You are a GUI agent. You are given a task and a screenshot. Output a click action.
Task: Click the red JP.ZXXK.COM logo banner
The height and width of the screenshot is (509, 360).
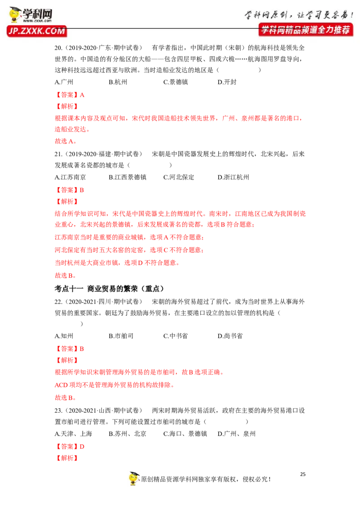click(x=37, y=31)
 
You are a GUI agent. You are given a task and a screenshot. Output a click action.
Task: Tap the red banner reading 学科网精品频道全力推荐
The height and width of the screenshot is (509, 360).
click(x=306, y=30)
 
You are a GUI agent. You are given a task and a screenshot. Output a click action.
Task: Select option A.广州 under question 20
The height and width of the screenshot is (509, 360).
click(x=64, y=82)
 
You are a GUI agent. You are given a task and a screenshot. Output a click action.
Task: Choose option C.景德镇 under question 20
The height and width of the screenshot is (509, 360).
click(x=175, y=82)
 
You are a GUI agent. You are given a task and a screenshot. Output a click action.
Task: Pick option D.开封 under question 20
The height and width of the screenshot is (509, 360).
click(x=227, y=82)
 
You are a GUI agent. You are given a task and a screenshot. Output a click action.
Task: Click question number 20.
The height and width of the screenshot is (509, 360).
click(x=58, y=48)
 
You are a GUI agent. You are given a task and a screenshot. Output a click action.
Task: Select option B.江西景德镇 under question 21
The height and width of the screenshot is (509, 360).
click(x=127, y=177)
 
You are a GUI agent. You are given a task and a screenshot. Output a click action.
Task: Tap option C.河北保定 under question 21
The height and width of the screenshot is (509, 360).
click(x=179, y=177)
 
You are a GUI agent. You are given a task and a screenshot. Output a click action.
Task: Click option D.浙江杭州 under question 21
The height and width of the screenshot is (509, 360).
click(x=233, y=177)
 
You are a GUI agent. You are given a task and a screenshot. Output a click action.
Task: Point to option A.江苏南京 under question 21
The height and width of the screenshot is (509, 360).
click(x=70, y=177)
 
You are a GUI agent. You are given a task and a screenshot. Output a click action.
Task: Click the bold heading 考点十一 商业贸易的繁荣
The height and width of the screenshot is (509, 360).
click(x=109, y=289)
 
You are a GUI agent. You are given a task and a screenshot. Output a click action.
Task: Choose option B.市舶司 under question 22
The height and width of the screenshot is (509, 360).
click(x=121, y=336)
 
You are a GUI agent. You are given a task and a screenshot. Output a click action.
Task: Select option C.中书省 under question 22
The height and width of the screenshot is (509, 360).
click(x=175, y=336)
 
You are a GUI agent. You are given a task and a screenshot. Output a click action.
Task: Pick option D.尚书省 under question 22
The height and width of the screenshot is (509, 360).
click(x=230, y=336)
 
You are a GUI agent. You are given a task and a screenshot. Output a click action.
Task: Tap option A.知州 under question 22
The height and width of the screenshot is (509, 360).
click(x=64, y=336)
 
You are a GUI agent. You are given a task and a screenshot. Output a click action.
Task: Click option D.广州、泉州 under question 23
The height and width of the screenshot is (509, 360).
click(x=237, y=434)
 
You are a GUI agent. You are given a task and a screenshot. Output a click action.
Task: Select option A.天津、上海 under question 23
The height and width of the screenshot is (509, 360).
click(x=73, y=434)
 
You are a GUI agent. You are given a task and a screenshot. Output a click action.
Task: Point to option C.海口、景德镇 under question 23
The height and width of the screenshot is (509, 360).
click(x=185, y=434)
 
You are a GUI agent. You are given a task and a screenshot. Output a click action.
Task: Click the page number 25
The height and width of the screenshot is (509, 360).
click(x=303, y=474)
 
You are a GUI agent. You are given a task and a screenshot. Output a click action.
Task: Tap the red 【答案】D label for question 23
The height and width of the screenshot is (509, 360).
click(x=70, y=446)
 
